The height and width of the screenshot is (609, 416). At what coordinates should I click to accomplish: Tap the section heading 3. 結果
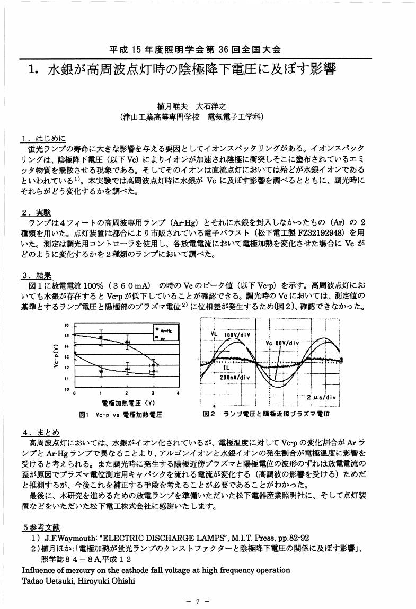click(x=36, y=275)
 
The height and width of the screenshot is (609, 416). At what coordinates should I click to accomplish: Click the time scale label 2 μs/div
click(x=322, y=397)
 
